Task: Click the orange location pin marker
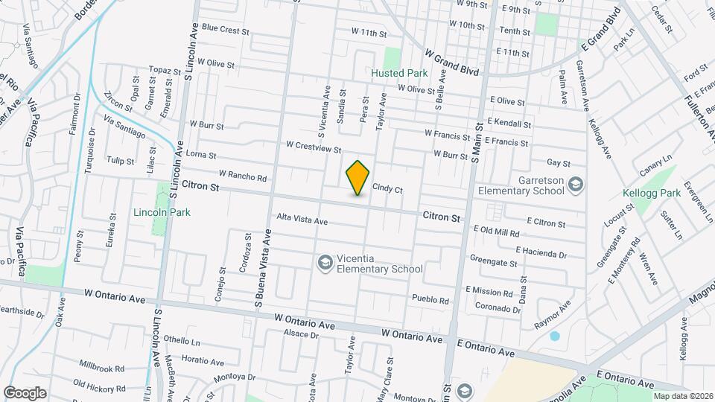coord(357,177)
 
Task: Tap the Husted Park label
coord(399,74)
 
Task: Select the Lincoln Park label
coord(162,212)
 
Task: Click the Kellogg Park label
coord(652,194)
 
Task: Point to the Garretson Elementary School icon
coord(576,184)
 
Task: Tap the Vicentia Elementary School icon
coord(324,262)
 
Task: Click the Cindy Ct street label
coord(387,189)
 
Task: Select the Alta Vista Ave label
coord(302,220)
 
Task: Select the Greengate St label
coord(493,263)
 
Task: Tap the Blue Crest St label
coord(224,30)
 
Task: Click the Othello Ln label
coord(182,341)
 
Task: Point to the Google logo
coord(25,392)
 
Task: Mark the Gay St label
coord(558,162)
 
